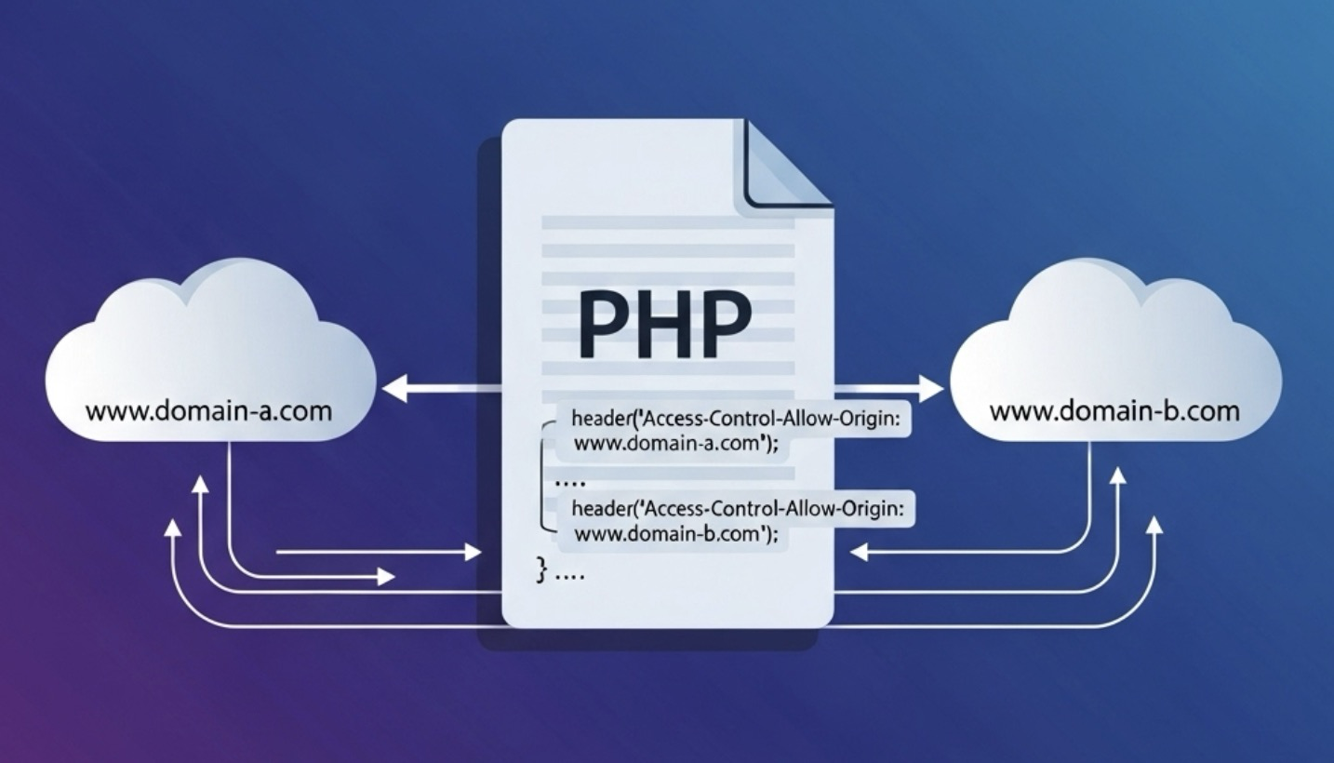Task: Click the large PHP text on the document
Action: point(664,322)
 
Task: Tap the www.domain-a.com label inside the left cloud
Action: point(208,410)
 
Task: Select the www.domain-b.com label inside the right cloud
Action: point(1114,410)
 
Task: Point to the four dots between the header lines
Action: point(567,484)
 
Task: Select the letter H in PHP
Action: point(664,322)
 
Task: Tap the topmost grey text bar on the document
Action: point(667,222)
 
